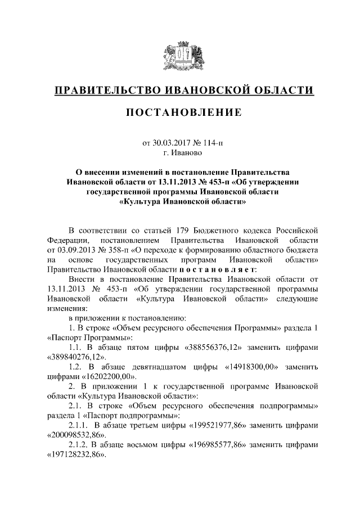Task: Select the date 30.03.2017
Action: pos(173,143)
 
